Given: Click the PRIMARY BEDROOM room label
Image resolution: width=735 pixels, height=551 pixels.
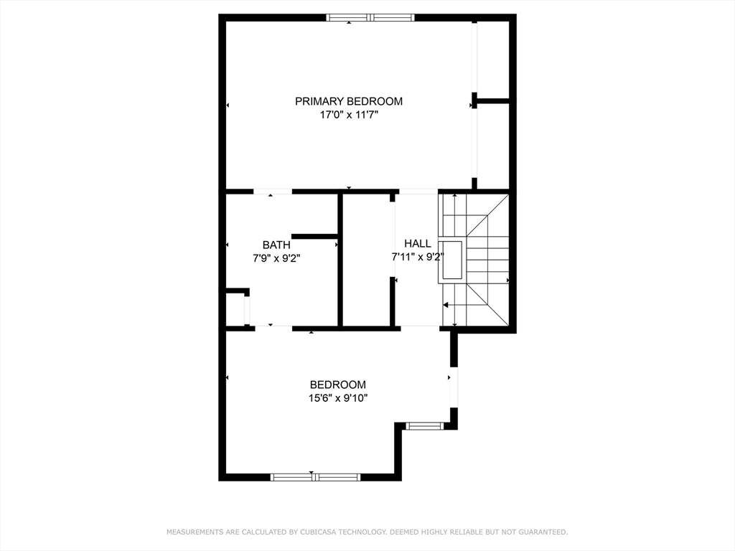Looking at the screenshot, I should click(349, 101).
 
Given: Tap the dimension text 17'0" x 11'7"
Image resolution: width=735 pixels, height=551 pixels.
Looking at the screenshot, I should click(349, 115).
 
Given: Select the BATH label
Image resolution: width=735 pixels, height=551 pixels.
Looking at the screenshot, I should click(276, 245).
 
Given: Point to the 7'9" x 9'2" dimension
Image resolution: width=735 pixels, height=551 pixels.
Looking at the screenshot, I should click(276, 258).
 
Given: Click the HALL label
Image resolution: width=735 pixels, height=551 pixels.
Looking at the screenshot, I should click(418, 244).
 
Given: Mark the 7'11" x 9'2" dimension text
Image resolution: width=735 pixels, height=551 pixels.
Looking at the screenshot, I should click(418, 257).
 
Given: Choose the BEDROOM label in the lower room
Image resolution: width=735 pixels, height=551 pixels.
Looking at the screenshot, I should click(337, 385).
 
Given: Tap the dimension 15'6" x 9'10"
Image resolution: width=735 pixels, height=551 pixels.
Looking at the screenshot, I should click(337, 397).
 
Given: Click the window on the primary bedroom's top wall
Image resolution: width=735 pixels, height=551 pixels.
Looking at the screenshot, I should click(370, 17).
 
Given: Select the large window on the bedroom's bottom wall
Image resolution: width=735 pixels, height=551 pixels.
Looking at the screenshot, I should click(315, 477).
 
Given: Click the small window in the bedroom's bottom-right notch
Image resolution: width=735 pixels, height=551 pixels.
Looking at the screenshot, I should click(424, 426).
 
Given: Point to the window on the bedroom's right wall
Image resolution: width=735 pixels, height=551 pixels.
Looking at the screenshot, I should click(454, 387).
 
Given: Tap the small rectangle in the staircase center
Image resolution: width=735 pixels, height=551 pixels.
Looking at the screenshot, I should click(452, 260).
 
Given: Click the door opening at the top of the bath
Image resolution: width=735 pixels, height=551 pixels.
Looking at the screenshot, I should click(273, 192).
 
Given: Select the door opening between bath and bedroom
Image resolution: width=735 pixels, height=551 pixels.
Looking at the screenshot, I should click(273, 328).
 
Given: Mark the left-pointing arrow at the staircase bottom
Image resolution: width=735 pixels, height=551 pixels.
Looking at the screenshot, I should click(446, 304).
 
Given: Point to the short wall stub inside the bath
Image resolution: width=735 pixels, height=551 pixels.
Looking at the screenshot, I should click(314, 236).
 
